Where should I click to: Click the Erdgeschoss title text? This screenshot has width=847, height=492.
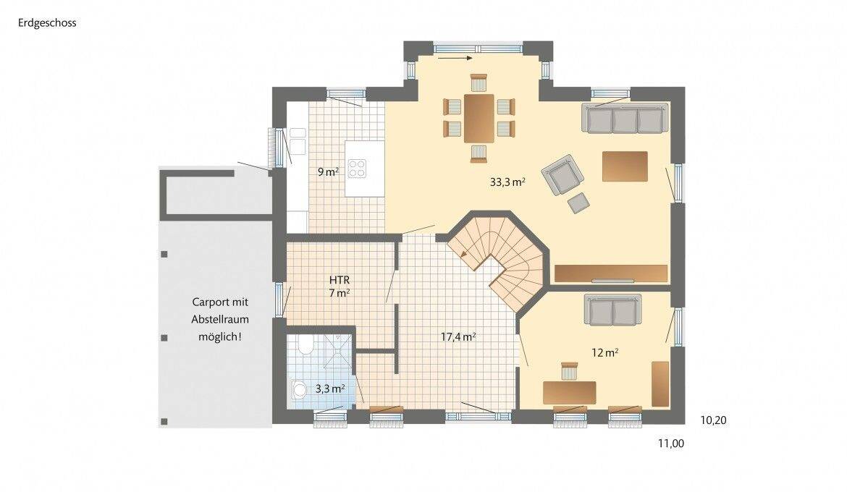coord(46,22)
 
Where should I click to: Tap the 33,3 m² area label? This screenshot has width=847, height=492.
coord(507,182)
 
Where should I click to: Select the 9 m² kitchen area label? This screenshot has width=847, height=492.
coord(328,172)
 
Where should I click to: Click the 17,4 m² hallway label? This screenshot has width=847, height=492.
coord(458,336)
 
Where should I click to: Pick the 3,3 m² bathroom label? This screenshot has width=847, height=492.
coord(329,389)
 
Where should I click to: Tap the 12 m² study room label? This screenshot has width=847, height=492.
coord(604,353)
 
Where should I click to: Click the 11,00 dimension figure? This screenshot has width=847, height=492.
coord(671,444)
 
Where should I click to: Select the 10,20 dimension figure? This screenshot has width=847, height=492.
coord(715,419)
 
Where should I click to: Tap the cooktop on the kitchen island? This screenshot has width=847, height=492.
coord(357,168)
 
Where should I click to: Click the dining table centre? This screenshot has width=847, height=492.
coord(479,117)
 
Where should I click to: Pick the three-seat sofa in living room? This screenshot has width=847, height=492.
coord(625,119)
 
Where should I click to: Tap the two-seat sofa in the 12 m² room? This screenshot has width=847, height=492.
coord(612,311)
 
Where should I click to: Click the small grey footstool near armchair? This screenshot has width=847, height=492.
coord(578,203)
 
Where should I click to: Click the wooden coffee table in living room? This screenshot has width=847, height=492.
coord(624,166)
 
